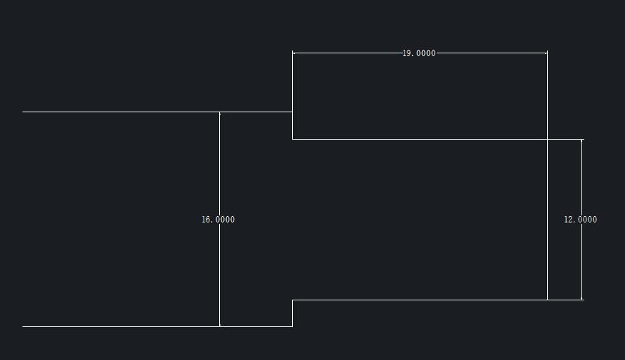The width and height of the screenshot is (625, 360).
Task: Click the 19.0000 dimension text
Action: click(419, 53)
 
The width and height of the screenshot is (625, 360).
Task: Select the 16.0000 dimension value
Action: click(218, 220)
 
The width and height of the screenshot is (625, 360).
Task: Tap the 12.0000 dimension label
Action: click(580, 220)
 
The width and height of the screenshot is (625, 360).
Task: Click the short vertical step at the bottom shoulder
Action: click(292, 313)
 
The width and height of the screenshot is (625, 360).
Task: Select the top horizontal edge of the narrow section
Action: click(421, 139)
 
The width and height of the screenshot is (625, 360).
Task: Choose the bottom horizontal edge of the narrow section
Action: click(421, 300)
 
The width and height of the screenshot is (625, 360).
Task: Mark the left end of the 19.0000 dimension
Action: click(293, 53)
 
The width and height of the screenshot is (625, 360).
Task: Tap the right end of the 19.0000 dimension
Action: click(547, 53)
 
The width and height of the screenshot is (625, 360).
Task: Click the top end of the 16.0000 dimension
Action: click(220, 112)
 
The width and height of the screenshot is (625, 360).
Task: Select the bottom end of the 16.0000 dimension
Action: click(220, 326)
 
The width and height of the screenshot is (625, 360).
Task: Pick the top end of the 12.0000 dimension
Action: click(582, 140)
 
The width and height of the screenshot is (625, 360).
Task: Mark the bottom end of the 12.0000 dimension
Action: click(582, 299)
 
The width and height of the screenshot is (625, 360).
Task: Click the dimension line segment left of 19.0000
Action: click(348, 53)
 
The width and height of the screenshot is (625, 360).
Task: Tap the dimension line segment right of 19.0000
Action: click(492, 53)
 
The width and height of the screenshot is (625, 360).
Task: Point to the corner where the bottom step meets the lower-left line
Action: click(292, 326)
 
